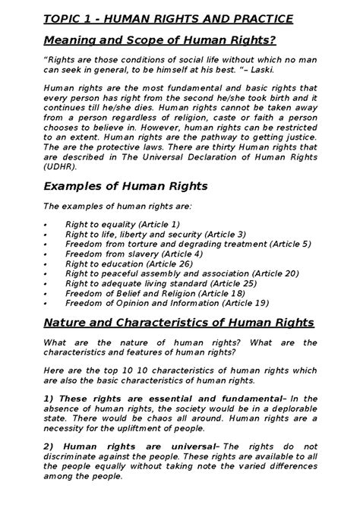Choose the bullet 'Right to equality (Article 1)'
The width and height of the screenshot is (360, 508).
(x=122, y=225)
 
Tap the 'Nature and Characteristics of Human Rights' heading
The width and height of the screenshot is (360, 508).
(x=179, y=323)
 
